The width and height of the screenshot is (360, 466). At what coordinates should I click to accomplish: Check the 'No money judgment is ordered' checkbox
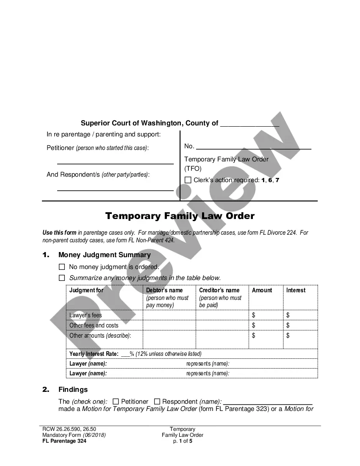[x=62, y=267]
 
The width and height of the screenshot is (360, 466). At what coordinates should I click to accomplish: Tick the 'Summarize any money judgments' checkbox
[x=62, y=278]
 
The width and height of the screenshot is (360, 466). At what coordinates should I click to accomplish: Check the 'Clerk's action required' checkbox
[x=188, y=180]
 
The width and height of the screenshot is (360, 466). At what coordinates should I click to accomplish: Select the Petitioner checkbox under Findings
[x=116, y=401]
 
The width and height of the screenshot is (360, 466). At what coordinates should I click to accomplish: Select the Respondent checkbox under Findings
[x=157, y=401]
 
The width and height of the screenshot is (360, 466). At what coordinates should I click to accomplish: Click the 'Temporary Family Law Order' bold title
[x=180, y=216]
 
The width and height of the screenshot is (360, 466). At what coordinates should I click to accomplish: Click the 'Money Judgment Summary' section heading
[x=104, y=255]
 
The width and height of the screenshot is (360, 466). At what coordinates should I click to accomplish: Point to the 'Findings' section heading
[x=73, y=389]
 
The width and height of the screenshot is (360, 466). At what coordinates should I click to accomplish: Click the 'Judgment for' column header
[x=86, y=291]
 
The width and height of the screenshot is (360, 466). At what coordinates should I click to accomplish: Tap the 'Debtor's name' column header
[x=164, y=291]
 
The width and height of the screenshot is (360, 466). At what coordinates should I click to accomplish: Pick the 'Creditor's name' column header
[x=219, y=291]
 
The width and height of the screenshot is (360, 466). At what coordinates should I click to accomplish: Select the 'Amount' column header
[x=262, y=291]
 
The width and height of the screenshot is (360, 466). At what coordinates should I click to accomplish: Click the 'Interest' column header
[x=296, y=291]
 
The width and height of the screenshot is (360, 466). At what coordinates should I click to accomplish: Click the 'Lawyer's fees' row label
[x=86, y=315]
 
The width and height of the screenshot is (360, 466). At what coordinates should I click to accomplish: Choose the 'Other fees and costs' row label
[x=94, y=325]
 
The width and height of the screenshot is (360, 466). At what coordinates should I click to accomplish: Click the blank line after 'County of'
[x=250, y=124]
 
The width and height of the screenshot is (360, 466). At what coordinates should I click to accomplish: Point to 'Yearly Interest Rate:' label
[x=94, y=354]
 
